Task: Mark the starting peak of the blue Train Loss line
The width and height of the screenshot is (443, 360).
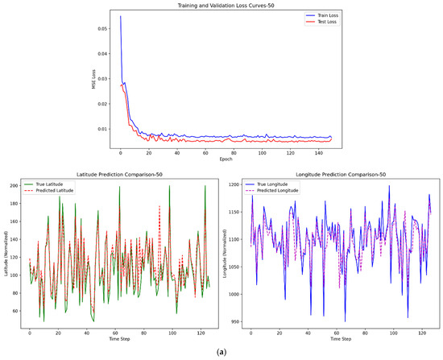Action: click(x=121, y=16)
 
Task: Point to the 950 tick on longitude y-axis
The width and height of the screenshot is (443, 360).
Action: click(x=236, y=321)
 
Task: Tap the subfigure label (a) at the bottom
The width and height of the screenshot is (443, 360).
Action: click(x=221, y=352)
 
